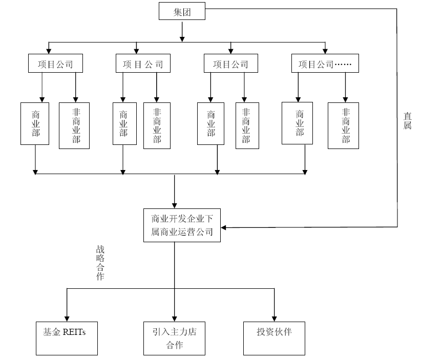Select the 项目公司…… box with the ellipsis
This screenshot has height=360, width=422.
click(325, 65)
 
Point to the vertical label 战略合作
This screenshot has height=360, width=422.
click(100, 262)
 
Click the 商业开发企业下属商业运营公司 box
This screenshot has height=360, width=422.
click(181, 225)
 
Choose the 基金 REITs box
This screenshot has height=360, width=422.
click(67, 338)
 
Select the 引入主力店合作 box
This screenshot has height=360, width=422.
click(174, 338)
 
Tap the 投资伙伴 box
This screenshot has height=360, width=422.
click(274, 338)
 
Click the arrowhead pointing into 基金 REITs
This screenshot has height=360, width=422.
click(67, 318)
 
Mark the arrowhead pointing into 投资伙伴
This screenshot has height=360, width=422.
click(275, 318)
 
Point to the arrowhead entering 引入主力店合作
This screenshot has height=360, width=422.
click(174, 318)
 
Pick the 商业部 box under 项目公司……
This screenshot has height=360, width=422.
click(298, 123)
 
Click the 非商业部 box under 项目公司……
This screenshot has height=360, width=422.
click(343, 125)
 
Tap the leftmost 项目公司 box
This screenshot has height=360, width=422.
click(55, 65)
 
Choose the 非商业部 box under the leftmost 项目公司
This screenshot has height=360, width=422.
click(74, 125)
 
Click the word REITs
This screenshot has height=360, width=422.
click(74, 331)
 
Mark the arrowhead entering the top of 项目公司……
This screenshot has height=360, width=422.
click(325, 51)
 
